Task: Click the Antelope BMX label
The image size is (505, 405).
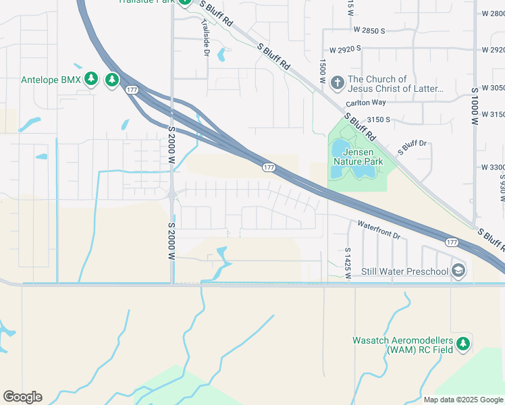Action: pyautogui.click(x=51, y=80)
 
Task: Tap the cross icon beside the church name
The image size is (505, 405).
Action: pyautogui.click(x=338, y=83)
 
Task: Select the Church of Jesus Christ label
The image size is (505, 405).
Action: pyautogui.click(x=396, y=84)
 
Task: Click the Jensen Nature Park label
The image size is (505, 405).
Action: pyautogui.click(x=358, y=157)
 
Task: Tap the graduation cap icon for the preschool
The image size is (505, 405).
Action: pyautogui.click(x=458, y=271)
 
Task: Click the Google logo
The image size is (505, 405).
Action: pyautogui.click(x=22, y=397)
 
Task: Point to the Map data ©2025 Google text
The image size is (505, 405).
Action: pyautogui.click(x=463, y=400)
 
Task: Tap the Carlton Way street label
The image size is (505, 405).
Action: pyautogui.click(x=365, y=103)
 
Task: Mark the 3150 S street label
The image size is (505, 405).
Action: pyautogui.click(x=379, y=119)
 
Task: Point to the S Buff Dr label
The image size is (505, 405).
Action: pyautogui.click(x=413, y=146)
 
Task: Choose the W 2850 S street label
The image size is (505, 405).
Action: pyautogui.click(x=369, y=31)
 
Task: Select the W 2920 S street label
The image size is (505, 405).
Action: pyautogui.click(x=346, y=49)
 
